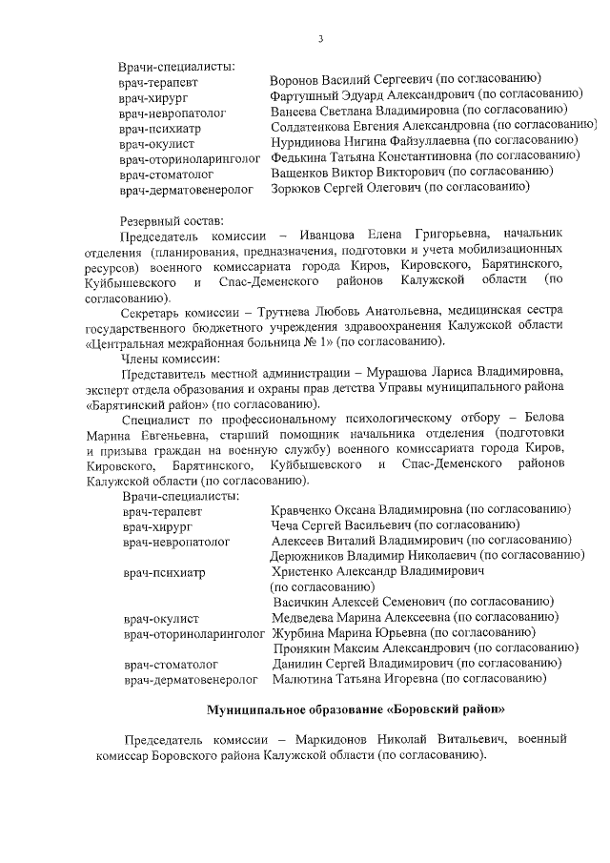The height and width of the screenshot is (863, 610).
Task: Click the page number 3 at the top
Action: click(x=321, y=39)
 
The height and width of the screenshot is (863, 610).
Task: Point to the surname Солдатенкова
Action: click(x=313, y=126)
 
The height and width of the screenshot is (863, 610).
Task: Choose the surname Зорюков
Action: click(x=297, y=189)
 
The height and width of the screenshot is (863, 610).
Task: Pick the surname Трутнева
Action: click(x=317, y=313)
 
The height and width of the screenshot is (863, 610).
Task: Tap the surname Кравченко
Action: click(x=300, y=510)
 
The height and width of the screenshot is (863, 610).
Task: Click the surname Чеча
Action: click(x=286, y=525)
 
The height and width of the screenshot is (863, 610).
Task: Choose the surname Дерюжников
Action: click(x=310, y=555)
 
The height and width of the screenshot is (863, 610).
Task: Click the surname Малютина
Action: click(x=302, y=679)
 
